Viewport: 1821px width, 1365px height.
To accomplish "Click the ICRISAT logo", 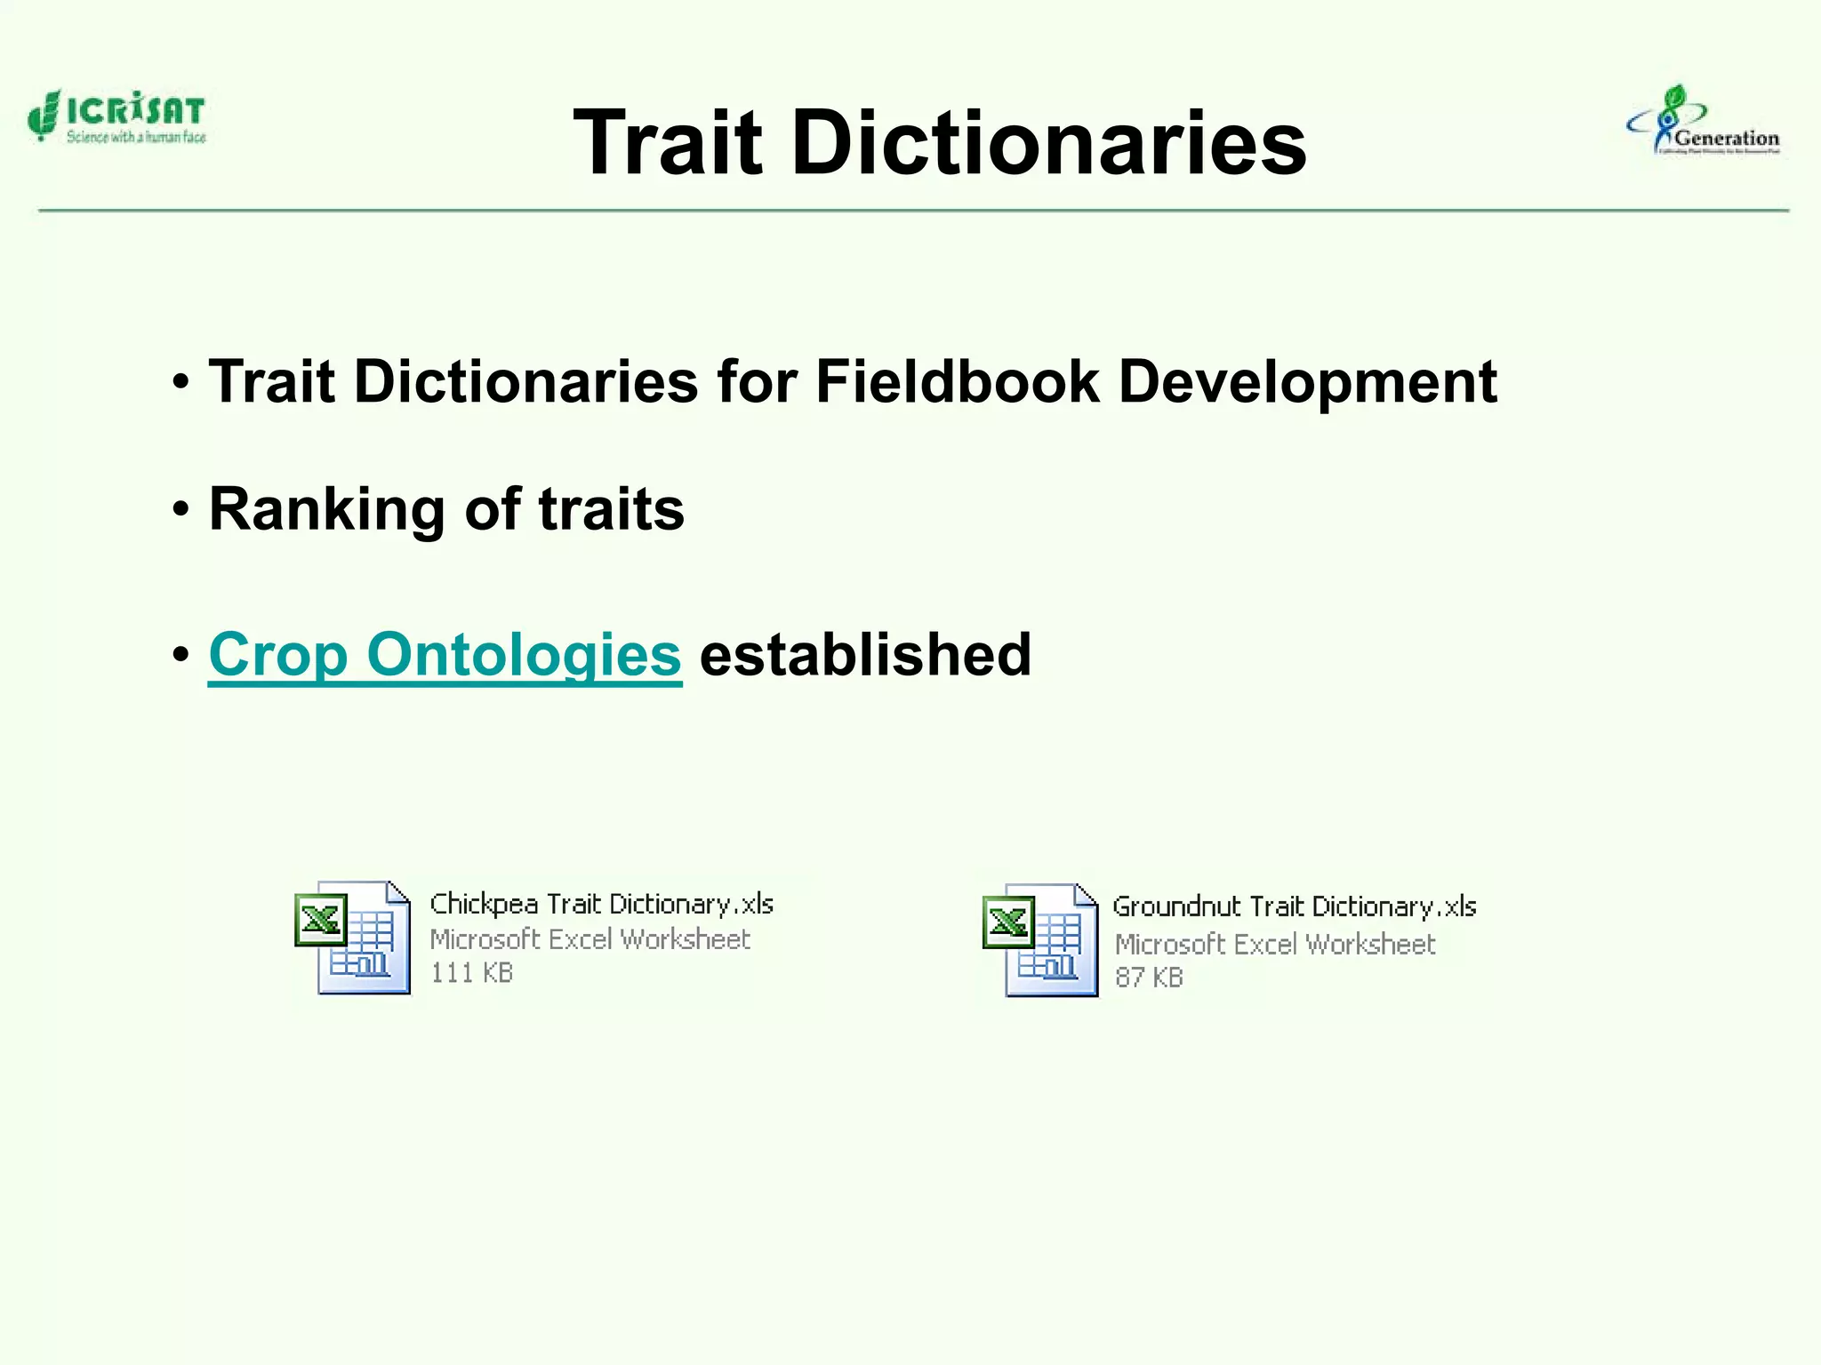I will (116, 116).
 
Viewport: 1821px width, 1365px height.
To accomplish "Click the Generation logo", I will (1704, 122).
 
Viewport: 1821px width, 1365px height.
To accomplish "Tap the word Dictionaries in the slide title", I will (1049, 142).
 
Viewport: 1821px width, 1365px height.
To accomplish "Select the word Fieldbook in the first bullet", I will (957, 382).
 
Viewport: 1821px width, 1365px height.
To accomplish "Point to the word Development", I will (1307, 382).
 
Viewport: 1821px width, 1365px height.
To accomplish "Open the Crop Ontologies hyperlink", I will (445, 655).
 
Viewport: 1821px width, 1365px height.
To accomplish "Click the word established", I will (865, 655).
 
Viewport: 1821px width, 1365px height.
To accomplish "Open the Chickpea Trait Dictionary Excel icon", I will (353, 937).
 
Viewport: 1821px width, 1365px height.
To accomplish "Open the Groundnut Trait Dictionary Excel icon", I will (1040, 940).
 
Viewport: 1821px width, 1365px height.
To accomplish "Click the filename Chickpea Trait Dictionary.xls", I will (601, 904).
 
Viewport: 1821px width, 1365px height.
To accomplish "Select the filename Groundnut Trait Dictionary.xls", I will (1294, 906).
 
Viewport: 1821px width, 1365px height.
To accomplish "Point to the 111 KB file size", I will (471, 973).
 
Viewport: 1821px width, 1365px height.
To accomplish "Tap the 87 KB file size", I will (1149, 978).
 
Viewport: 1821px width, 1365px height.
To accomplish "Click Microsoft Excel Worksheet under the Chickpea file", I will (590, 939).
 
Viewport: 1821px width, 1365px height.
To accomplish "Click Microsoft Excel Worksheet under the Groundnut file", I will (1275, 944).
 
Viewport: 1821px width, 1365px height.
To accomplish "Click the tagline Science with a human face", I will (136, 137).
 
